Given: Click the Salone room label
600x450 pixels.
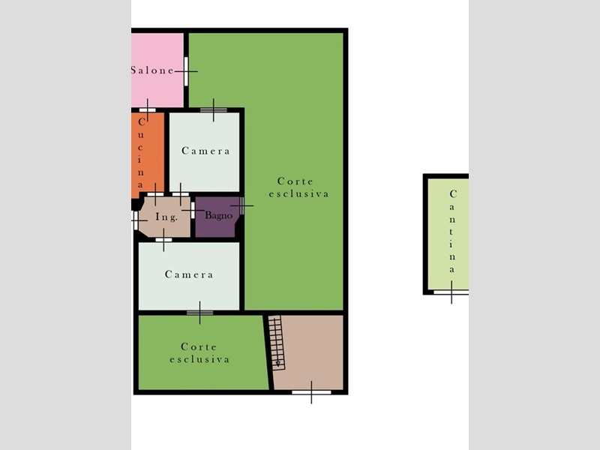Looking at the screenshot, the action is click(152, 70).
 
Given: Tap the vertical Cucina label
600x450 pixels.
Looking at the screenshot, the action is click(141, 153).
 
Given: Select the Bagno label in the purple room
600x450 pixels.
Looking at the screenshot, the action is click(218, 215).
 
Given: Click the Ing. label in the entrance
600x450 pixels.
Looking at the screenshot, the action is click(166, 217).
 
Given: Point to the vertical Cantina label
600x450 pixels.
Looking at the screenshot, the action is click(452, 232).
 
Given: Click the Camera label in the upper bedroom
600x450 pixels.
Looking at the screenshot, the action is click(205, 151).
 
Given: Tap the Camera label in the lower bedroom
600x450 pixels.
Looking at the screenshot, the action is click(189, 274).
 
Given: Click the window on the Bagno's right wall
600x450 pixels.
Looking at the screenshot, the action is click(241, 205).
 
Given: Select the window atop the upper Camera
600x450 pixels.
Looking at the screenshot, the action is click(214, 110).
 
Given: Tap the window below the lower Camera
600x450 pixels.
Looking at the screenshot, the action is click(199, 313).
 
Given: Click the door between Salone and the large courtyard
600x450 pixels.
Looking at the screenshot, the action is click(186, 71).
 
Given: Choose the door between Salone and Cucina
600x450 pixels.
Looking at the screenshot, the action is click(147, 110).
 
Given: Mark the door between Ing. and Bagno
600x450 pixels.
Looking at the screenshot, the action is click(193, 210).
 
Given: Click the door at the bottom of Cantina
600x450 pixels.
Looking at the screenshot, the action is click(451, 292).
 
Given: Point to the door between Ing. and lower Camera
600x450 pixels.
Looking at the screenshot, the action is click(163, 240).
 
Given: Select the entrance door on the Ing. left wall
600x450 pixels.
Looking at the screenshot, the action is click(135, 220).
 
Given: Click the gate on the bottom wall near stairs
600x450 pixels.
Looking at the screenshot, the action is click(311, 392).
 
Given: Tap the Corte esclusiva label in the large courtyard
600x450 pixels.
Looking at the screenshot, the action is click(298, 187).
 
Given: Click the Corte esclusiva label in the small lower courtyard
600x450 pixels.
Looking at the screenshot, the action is click(199, 352).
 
